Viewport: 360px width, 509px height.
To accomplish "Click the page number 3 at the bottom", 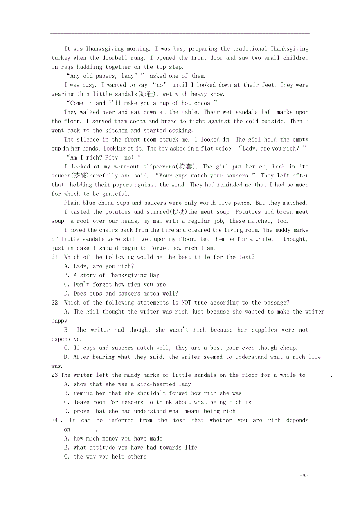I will (304, 476).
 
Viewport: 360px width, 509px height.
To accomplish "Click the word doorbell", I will (115, 58).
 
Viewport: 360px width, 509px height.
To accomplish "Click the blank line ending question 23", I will (318, 376).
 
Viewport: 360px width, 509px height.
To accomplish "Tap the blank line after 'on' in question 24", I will (83, 430).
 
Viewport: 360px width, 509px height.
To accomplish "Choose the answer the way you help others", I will (110, 457).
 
